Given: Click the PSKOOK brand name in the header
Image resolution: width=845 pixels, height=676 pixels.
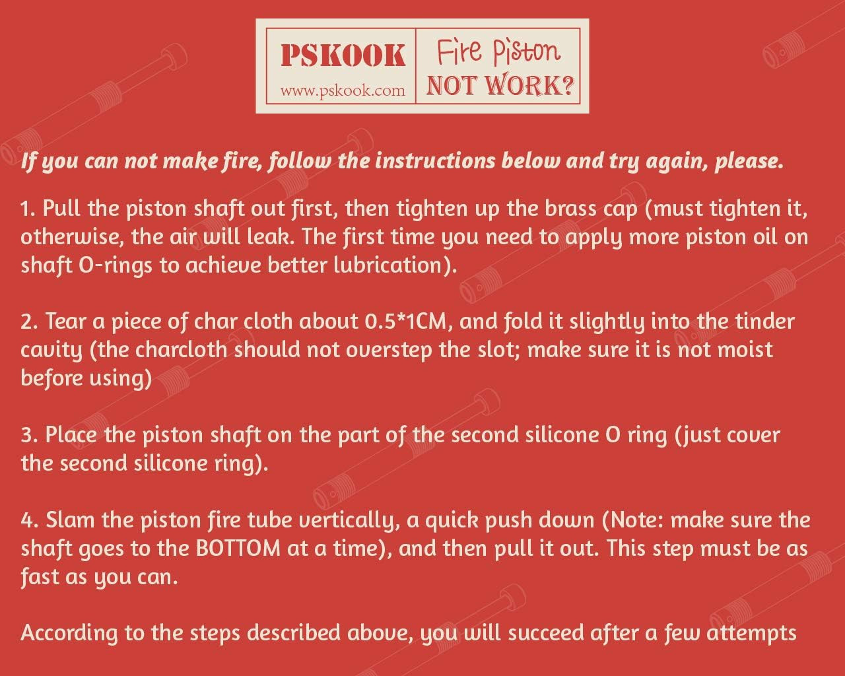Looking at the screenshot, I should tap(342, 55).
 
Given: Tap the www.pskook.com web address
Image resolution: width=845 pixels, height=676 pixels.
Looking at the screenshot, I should tap(342, 90).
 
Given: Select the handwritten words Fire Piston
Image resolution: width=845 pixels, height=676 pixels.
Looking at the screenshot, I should tap(498, 53).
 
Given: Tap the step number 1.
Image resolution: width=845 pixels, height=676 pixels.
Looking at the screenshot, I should tap(26, 209).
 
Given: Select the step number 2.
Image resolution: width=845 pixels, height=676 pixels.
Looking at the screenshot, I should tap(28, 322).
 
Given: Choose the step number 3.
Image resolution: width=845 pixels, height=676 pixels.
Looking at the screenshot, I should tap(28, 436).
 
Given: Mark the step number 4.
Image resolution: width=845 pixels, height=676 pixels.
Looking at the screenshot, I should tap(28, 520).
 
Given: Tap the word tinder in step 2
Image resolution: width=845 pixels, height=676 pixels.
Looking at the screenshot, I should tap(763, 321).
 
